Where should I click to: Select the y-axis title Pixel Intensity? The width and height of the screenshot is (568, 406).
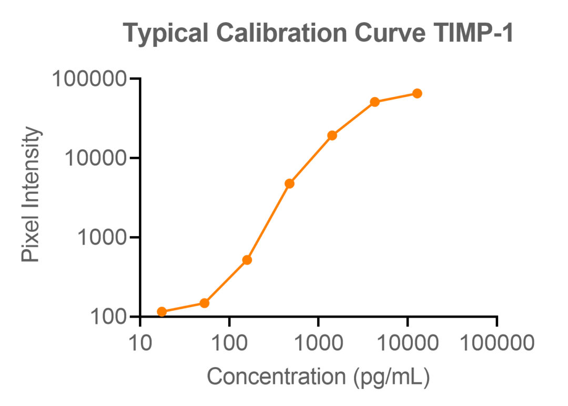pos(31,196)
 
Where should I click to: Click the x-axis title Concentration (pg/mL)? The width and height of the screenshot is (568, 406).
pos(318,377)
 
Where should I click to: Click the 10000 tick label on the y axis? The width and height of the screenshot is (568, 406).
pos(96,158)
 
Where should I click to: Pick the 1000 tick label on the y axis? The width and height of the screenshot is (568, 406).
pos(102,238)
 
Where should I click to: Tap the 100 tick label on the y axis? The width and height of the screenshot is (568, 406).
pos(108,317)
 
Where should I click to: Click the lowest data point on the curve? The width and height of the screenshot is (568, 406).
pos(162,312)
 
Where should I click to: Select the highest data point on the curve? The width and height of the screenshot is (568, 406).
pos(417,94)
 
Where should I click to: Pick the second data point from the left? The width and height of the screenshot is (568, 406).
pos(205,303)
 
